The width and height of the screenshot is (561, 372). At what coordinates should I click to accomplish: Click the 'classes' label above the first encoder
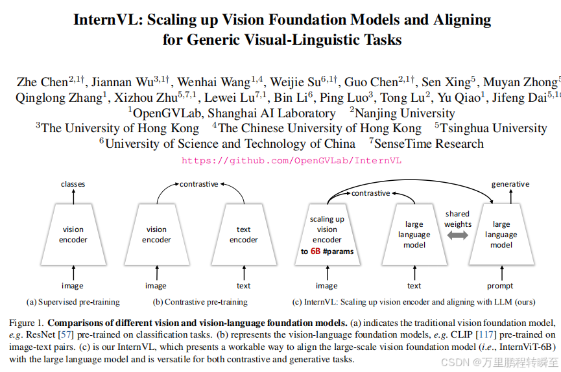coord(73,184)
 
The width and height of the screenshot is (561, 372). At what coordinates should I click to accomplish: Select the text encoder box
coord(244,234)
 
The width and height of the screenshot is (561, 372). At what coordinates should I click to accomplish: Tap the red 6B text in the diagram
coord(315,251)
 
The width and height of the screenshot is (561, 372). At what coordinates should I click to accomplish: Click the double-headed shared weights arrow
coord(457,236)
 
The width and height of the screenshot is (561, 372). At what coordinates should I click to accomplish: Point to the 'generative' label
coord(510,184)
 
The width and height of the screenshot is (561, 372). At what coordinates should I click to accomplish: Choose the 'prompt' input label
coord(500,286)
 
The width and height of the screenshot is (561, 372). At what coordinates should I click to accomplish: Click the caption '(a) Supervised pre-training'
coord(73,301)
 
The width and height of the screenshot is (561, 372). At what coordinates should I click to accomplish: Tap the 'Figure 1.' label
coord(27,323)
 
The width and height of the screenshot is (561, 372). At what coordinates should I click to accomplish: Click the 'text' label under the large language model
coord(414,286)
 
